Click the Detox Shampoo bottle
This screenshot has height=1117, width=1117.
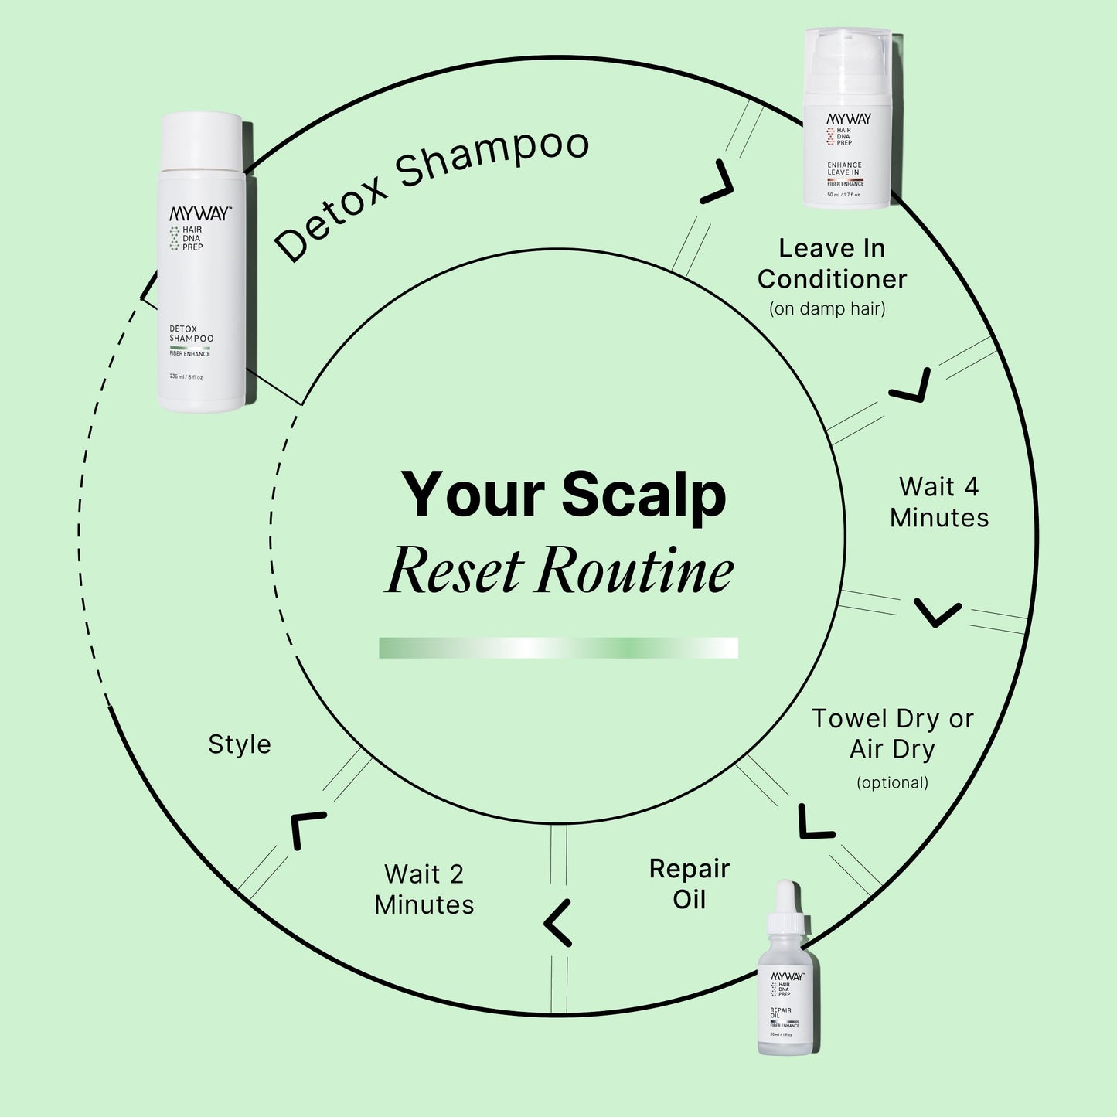click(203, 263)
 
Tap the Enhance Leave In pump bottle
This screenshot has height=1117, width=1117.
click(847, 120)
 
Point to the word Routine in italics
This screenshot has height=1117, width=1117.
click(635, 571)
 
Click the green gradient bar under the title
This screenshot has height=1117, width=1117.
click(558, 648)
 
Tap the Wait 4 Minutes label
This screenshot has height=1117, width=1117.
click(938, 502)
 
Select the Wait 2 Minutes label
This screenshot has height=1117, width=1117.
click(424, 890)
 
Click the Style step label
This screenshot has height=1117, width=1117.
click(240, 744)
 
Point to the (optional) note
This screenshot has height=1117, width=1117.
click(892, 782)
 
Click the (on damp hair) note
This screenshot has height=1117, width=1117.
click(827, 309)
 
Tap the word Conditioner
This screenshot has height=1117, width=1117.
click(832, 279)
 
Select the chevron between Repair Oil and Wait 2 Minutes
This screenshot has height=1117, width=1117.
click(558, 923)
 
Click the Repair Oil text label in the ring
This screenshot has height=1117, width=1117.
click(689, 884)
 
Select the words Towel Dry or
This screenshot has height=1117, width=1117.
click(892, 719)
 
